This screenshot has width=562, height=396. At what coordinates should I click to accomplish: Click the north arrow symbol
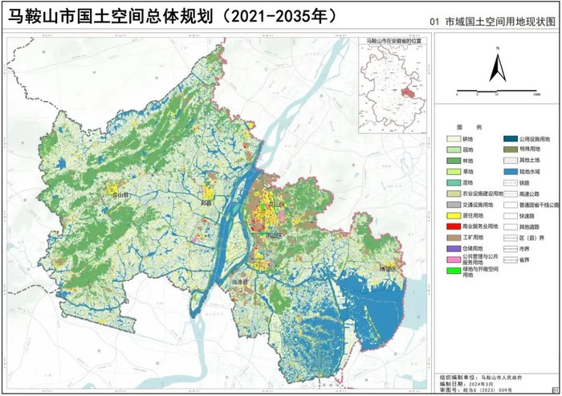(497, 67)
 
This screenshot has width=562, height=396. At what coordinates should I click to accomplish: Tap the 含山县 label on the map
(120, 194)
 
